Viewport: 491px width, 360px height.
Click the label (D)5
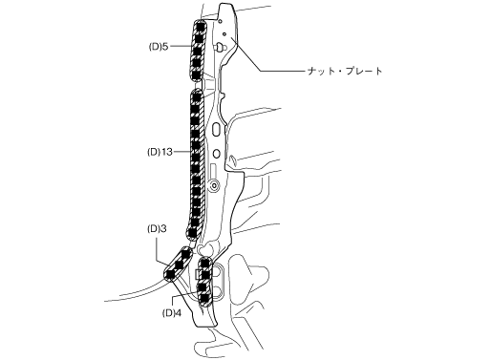tap(159, 47)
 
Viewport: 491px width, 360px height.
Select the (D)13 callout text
tap(160, 152)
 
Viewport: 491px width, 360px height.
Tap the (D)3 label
tap(157, 228)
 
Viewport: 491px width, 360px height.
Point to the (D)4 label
tap(172, 313)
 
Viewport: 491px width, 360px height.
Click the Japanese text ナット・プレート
tap(345, 71)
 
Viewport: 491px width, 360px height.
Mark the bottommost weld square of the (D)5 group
tap(197, 75)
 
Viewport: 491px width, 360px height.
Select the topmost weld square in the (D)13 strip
tap(197, 96)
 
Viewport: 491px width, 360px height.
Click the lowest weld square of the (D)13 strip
tap(192, 233)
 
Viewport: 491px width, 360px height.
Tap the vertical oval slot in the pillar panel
tap(216, 129)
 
